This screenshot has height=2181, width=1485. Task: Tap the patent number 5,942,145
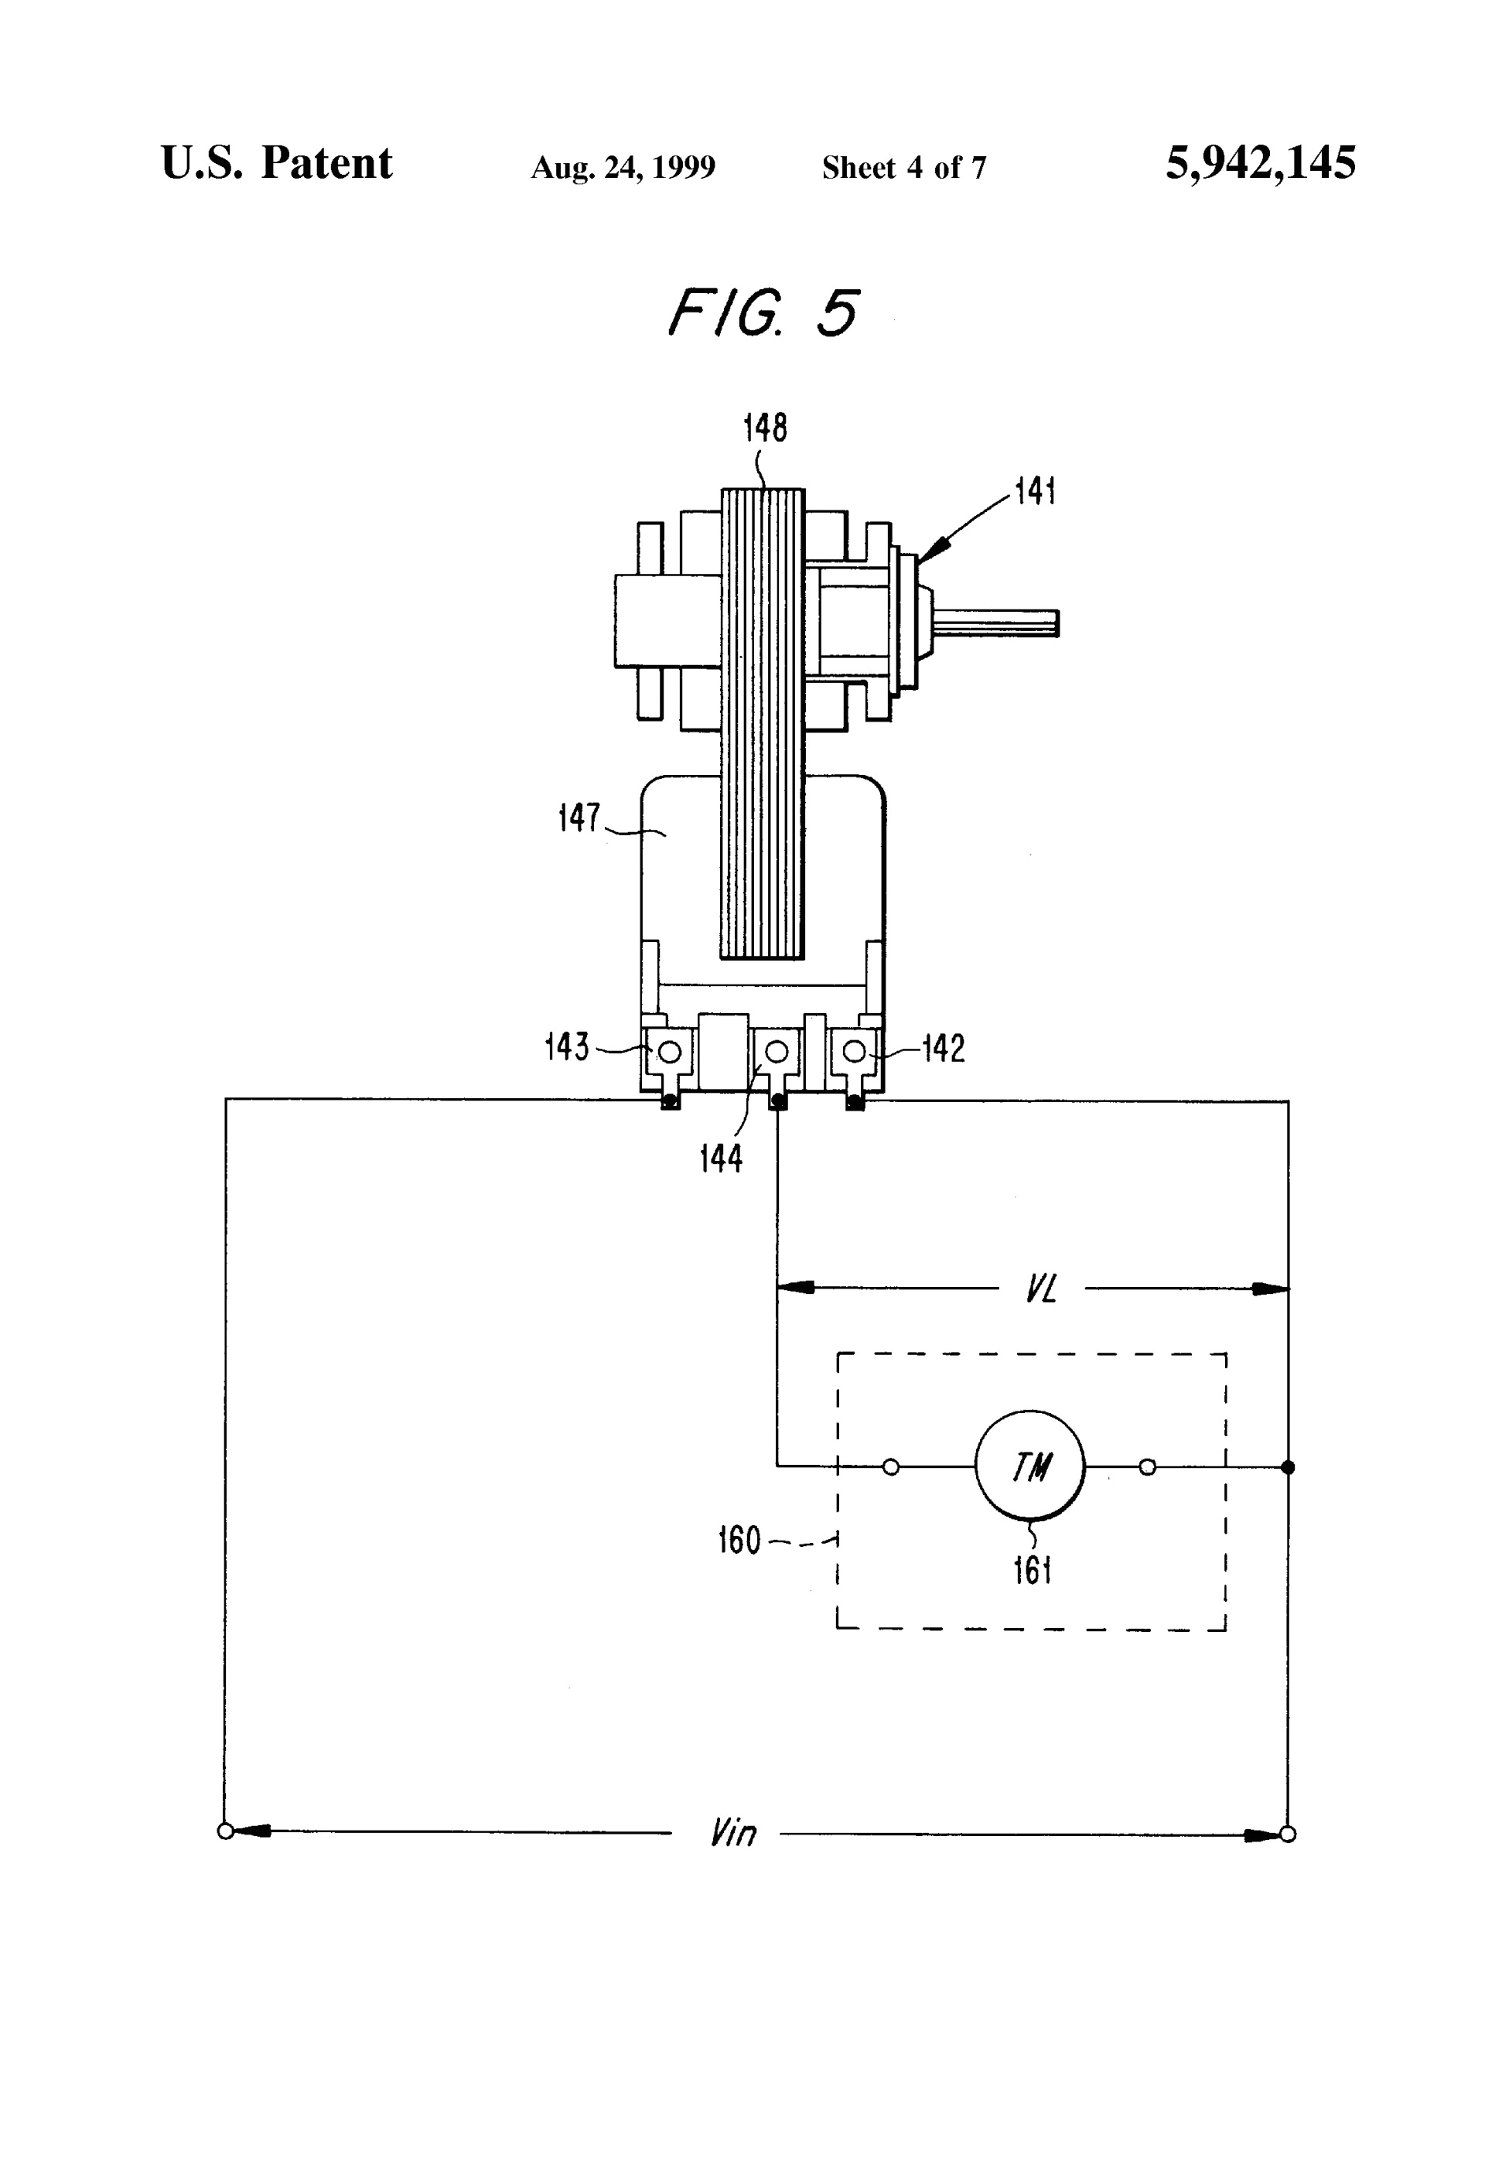coord(1260,163)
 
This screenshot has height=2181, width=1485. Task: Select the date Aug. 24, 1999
coord(623,168)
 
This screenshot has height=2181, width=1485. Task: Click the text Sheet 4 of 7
coord(903,168)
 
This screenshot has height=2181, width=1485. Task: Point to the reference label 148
coord(764,428)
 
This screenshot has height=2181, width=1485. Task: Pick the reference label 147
coord(579,817)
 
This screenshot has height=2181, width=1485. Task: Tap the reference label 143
coord(566,1046)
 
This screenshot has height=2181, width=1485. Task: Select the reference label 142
coord(944,1048)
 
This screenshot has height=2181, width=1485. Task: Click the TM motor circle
coord(1029,1466)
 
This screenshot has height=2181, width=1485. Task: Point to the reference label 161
coord(1032,1570)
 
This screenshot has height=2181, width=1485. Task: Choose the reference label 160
coord(739,1540)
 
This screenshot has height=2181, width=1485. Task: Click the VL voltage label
coord(1040,1289)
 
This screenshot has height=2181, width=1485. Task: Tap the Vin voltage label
coord(733,1833)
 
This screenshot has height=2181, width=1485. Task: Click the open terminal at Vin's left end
coord(225,1831)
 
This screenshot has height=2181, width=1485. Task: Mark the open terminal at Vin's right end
coord(1287,1835)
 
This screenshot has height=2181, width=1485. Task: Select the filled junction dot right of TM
coord(1287,1467)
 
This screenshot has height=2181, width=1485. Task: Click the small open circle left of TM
coord(891,1467)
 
